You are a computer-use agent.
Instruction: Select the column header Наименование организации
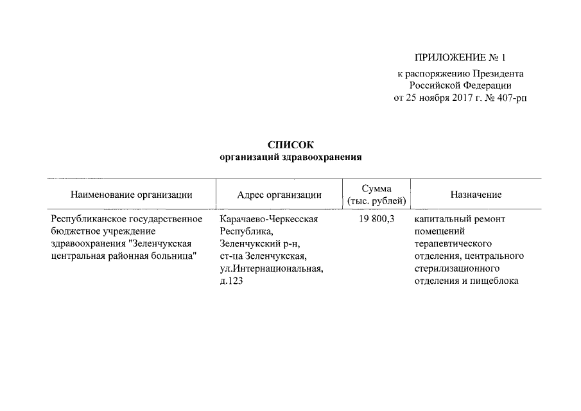click(131, 195)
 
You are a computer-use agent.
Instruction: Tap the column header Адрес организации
click(279, 195)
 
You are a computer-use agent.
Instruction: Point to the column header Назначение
click(476, 195)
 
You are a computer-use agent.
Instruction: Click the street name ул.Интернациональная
click(270, 268)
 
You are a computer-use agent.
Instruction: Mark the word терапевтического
click(453, 244)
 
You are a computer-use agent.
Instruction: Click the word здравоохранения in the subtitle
click(327, 157)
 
